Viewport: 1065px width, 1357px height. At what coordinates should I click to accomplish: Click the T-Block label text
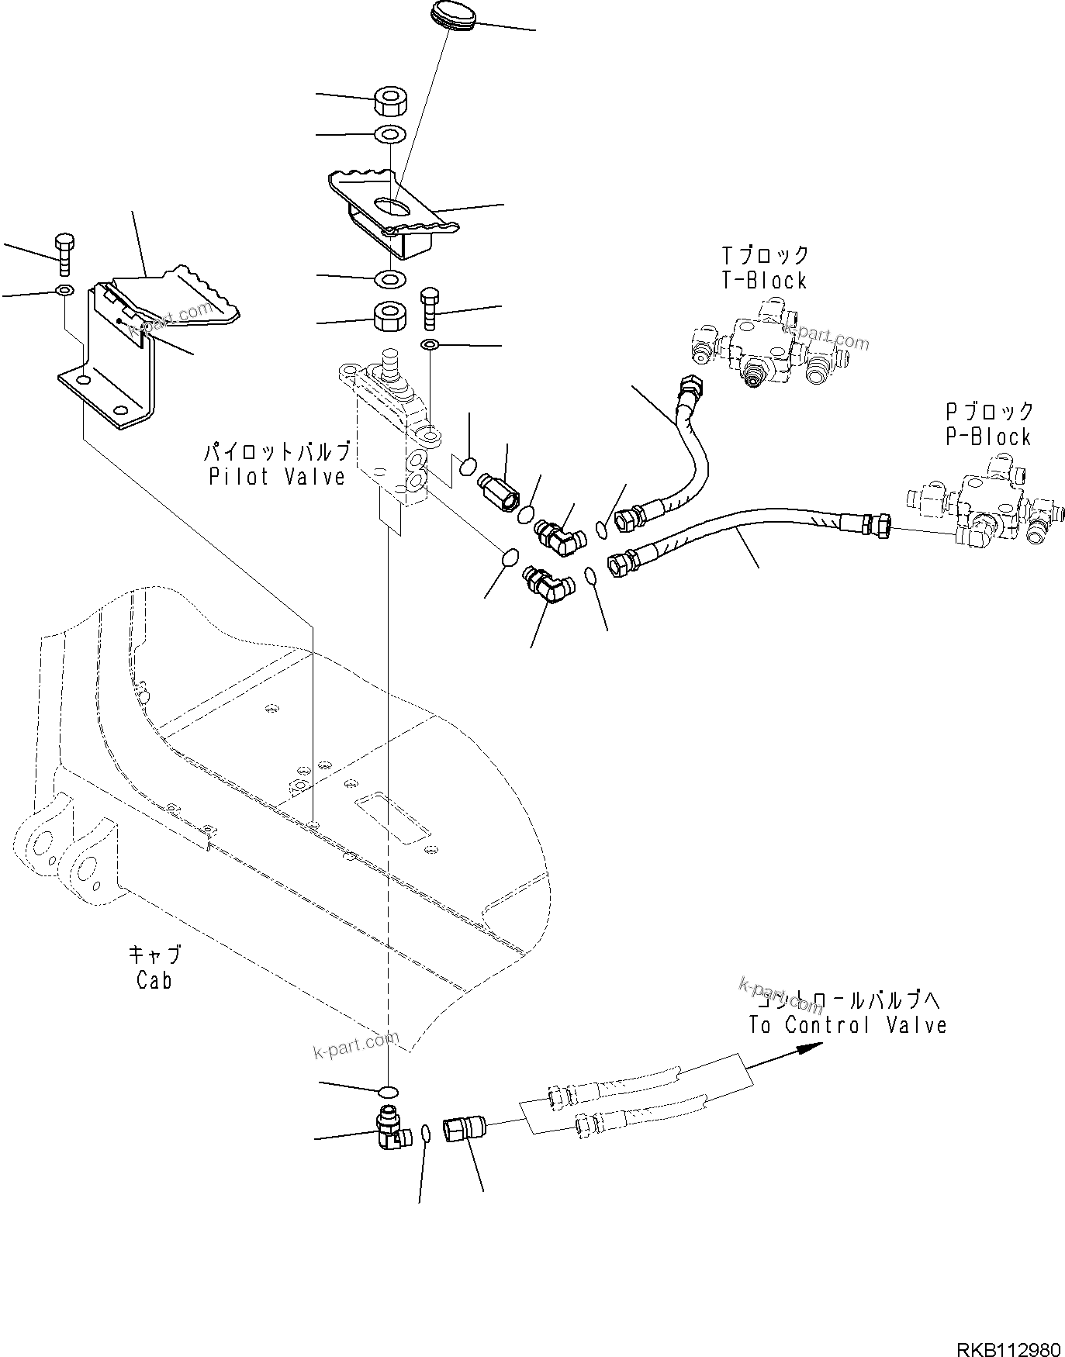point(764,280)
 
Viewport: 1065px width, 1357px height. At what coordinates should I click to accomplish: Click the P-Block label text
point(988,437)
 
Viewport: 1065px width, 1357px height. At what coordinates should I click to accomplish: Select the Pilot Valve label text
point(277,476)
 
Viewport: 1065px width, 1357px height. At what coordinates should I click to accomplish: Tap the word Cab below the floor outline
point(154,980)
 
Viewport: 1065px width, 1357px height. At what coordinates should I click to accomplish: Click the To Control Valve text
point(847,1025)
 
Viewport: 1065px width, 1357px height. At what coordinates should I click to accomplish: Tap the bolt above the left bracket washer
point(64,254)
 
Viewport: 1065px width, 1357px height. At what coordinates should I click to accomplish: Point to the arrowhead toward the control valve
point(810,1048)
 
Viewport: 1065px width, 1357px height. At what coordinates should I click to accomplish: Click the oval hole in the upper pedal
point(392,205)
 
